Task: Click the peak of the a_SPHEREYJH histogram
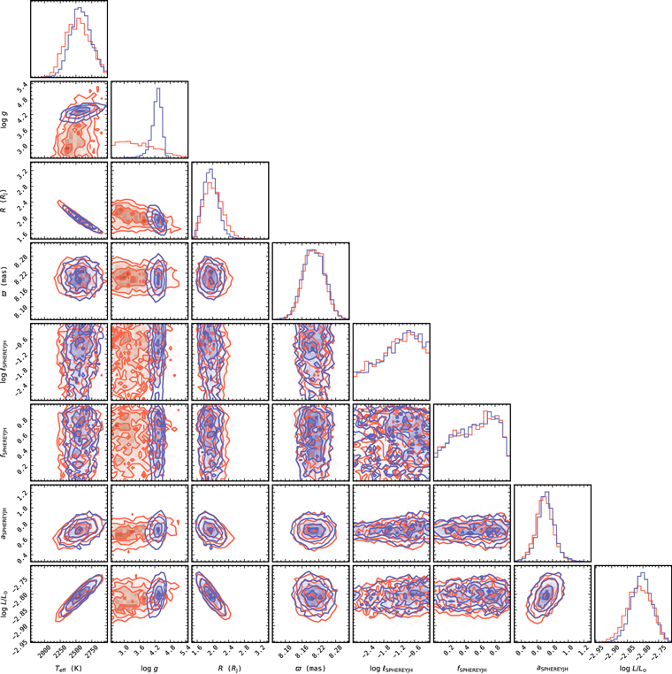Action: click(x=548, y=494)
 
